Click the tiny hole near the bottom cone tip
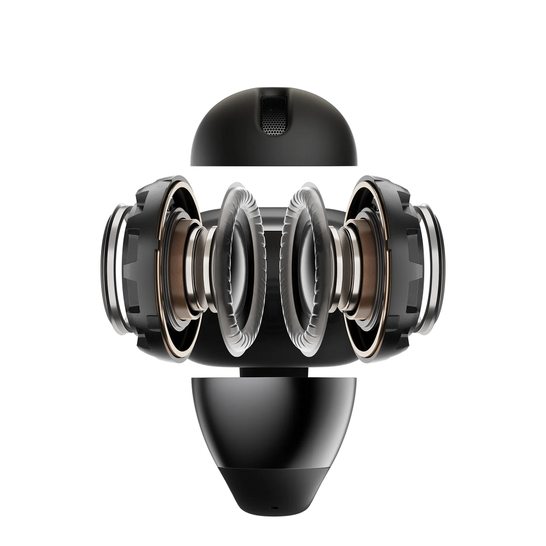[273, 507]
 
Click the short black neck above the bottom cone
[273, 371]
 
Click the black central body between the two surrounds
[272, 273]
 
